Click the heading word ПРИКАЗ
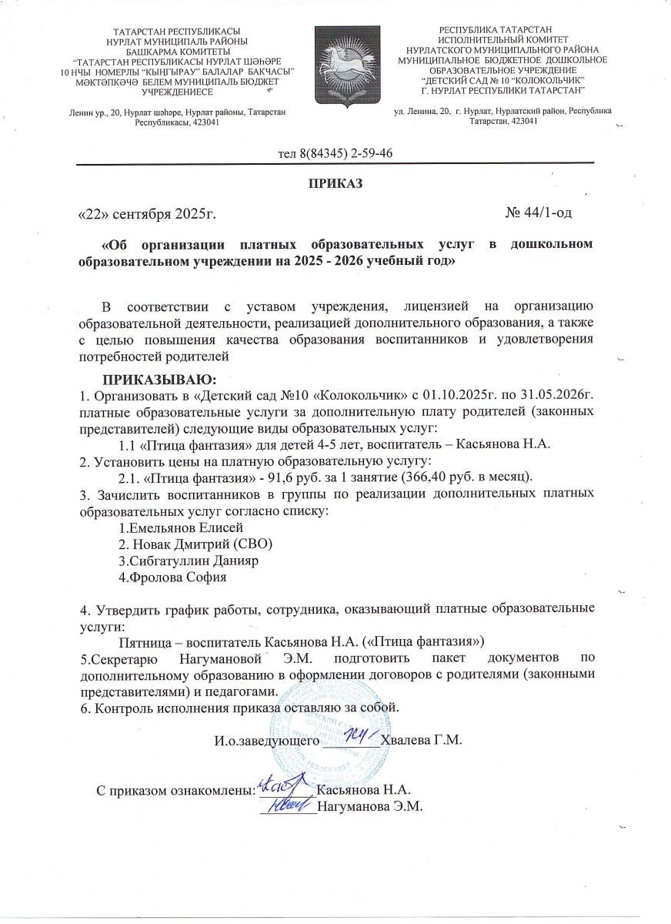click(335, 184)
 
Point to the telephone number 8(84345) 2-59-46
click(336, 152)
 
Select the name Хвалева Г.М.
click(421, 741)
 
